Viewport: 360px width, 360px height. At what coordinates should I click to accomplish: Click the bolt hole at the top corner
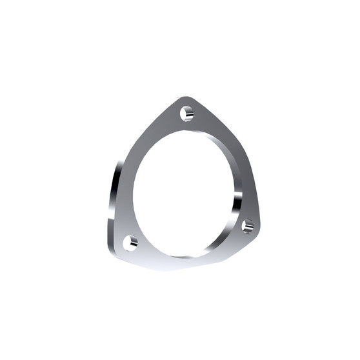tap(186, 114)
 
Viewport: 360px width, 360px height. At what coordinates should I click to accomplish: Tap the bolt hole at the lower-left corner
tap(131, 243)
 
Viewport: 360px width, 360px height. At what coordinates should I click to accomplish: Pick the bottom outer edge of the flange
tap(187, 267)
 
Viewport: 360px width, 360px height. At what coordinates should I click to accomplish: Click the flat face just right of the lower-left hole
tap(146, 248)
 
